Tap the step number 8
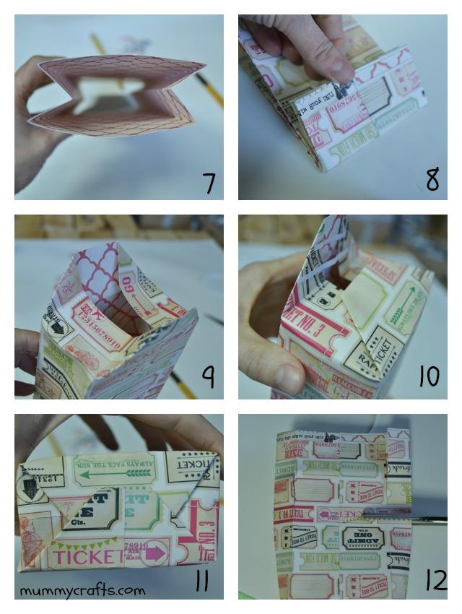[432, 179]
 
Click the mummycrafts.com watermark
[82, 590]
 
